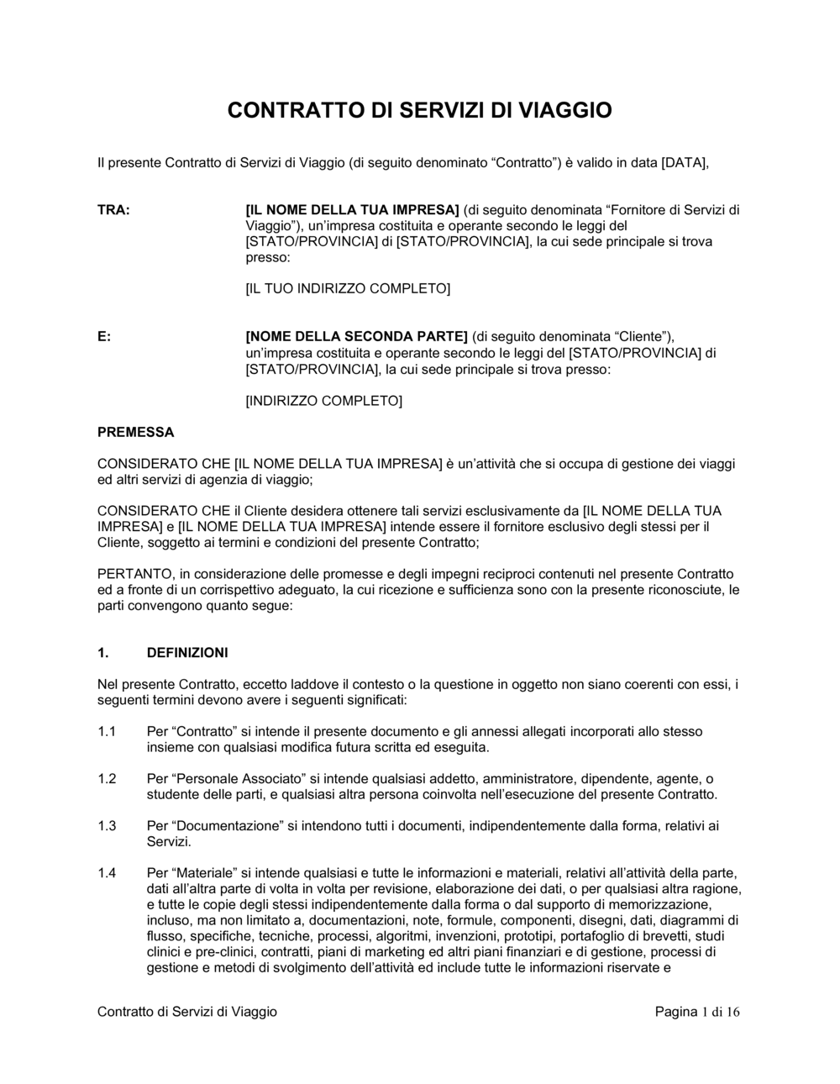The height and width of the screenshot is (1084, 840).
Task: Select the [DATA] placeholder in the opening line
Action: (x=685, y=162)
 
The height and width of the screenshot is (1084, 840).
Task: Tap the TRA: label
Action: (x=113, y=210)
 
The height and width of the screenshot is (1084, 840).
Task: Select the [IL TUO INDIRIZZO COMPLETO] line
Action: (x=348, y=289)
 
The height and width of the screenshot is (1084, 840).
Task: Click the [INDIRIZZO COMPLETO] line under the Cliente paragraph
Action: (x=323, y=401)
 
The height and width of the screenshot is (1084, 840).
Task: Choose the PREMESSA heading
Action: (x=136, y=432)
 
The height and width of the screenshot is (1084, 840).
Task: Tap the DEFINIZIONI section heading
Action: (x=187, y=653)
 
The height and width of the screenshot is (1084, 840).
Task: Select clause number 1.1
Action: (x=107, y=732)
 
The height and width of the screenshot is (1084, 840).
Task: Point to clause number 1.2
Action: (x=107, y=779)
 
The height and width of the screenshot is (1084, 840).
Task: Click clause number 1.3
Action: (x=107, y=826)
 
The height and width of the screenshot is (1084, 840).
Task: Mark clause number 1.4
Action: (x=107, y=873)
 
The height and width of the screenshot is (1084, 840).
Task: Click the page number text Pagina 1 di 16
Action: (x=697, y=1012)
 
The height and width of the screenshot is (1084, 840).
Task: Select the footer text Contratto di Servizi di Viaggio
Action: (x=187, y=1012)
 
